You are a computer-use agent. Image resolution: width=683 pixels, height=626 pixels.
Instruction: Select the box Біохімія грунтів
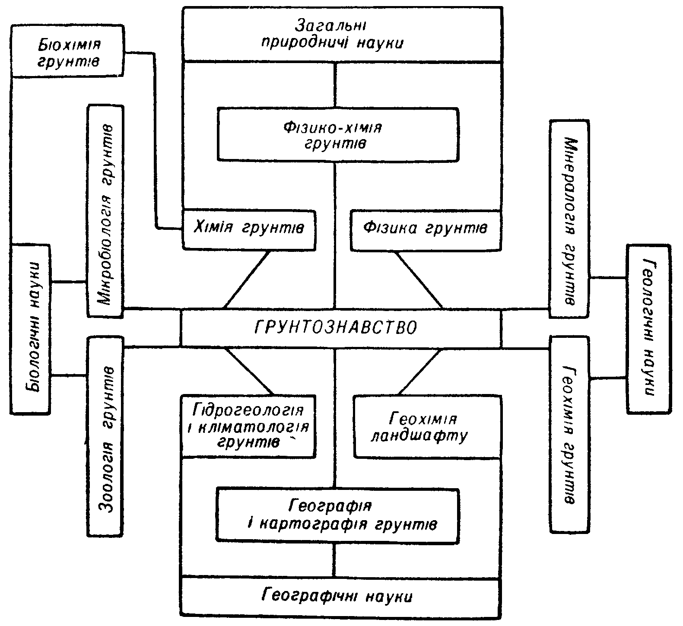pyautogui.click(x=67, y=51)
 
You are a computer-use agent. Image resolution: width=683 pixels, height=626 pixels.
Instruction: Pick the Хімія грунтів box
pyautogui.click(x=249, y=229)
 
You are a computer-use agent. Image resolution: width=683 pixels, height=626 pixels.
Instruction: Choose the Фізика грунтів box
pyautogui.click(x=426, y=229)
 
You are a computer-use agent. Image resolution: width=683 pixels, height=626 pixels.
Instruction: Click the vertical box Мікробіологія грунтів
pyautogui.click(x=106, y=211)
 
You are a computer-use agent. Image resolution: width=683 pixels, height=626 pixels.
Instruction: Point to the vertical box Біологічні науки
pyautogui.click(x=30, y=328)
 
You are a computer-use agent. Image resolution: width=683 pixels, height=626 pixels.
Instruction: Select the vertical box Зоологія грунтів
pyautogui.click(x=106, y=436)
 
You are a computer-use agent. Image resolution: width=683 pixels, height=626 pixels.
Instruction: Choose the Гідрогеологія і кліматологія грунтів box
pyautogui.click(x=248, y=426)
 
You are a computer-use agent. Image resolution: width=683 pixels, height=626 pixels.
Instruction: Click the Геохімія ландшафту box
pyautogui.click(x=428, y=426)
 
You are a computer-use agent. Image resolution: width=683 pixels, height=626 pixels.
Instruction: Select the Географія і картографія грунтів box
pyautogui.click(x=337, y=516)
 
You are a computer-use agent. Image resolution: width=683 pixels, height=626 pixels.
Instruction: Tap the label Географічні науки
pyautogui.click(x=337, y=597)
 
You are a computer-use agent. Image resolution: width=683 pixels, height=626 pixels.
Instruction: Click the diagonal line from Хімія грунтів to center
pyautogui.click(x=247, y=279)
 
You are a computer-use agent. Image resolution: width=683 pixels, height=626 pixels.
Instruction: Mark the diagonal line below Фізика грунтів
pyautogui.click(x=419, y=280)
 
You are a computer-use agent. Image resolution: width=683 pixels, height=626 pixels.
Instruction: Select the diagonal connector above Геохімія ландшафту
pyautogui.click(x=419, y=372)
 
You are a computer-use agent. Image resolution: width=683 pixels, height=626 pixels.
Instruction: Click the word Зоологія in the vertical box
pyautogui.click(x=106, y=479)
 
